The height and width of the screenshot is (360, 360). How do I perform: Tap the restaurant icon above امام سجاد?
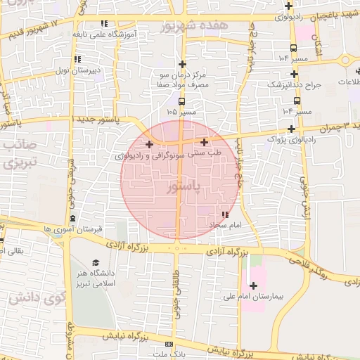coord(225,214)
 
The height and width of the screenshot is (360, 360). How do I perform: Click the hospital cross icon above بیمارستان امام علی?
coord(253,285)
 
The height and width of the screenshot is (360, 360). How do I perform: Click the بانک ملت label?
coord(168,354)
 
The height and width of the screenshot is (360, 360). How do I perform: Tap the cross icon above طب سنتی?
coord(204,141)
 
